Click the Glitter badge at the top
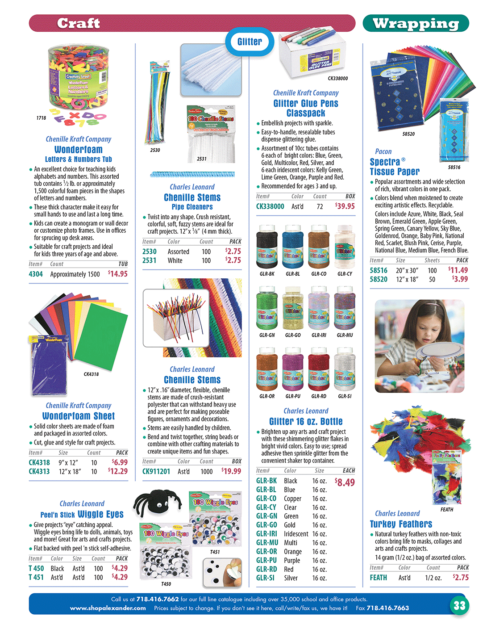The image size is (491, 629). (250, 42)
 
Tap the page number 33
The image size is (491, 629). (459, 605)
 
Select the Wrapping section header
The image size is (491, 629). (416, 24)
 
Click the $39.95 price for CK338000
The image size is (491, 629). (345, 206)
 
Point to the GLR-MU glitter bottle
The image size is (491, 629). (345, 308)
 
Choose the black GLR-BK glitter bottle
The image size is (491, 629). (267, 247)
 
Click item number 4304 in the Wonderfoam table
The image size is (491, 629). (36, 274)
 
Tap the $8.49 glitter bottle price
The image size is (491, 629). (345, 482)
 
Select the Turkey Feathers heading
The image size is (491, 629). (401, 524)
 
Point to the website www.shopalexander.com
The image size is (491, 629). (108, 608)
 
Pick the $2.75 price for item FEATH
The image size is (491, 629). (461, 577)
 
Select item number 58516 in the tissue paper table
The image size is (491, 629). (379, 270)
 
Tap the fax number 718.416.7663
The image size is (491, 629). (387, 608)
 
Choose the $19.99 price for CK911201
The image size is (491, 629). (231, 471)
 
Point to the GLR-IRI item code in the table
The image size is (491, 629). (266, 534)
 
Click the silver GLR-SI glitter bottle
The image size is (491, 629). (345, 370)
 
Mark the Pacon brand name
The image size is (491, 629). (383, 151)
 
